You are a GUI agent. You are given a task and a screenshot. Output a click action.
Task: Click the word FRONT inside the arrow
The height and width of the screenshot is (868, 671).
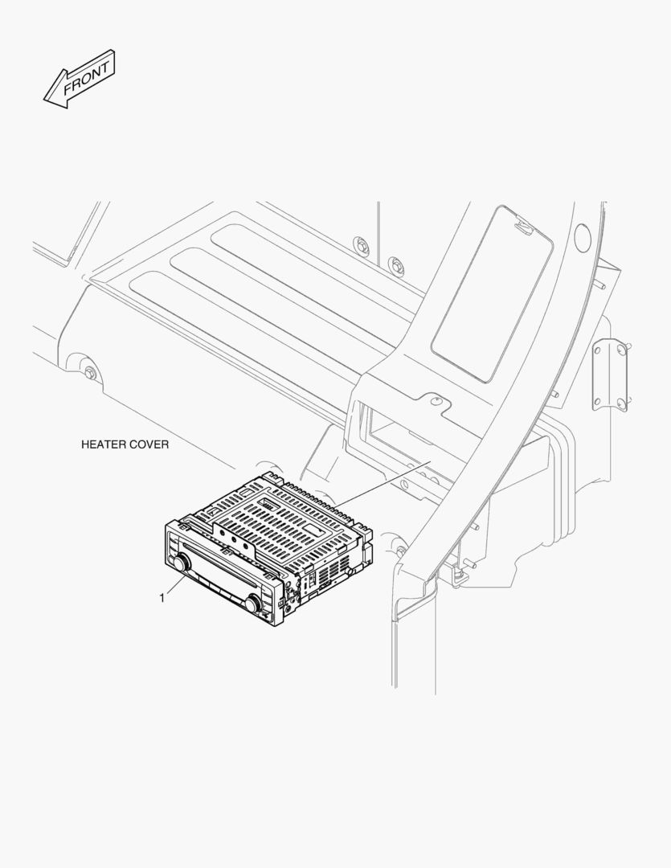pyautogui.click(x=86, y=78)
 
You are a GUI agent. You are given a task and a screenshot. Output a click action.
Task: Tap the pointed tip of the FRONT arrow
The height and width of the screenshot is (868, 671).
pyautogui.click(x=44, y=100)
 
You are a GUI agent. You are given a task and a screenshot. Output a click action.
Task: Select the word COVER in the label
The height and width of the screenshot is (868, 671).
pyautogui.click(x=150, y=444)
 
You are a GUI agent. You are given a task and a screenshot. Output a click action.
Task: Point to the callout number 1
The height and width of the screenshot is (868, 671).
pyautogui.click(x=162, y=598)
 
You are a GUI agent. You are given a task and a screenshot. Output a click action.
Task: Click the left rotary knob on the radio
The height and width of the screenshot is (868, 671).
pyautogui.click(x=181, y=563)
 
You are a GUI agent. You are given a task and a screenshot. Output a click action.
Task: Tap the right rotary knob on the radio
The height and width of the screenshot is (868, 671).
pyautogui.click(x=254, y=604)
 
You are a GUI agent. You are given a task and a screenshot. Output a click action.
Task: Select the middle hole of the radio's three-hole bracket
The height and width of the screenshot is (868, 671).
pyautogui.click(x=234, y=538)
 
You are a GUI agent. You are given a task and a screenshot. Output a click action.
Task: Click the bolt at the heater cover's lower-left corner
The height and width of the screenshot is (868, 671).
pyautogui.click(x=90, y=373)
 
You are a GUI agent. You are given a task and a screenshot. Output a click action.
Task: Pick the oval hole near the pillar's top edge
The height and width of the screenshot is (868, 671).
pyautogui.click(x=581, y=236)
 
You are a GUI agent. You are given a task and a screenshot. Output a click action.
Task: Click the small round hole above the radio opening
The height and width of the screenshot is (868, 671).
pyautogui.click(x=436, y=399)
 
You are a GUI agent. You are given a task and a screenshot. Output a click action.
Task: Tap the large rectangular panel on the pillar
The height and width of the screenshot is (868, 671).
pyautogui.click(x=492, y=294)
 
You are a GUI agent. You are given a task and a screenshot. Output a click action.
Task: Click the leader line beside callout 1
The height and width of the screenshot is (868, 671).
pyautogui.click(x=175, y=586)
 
